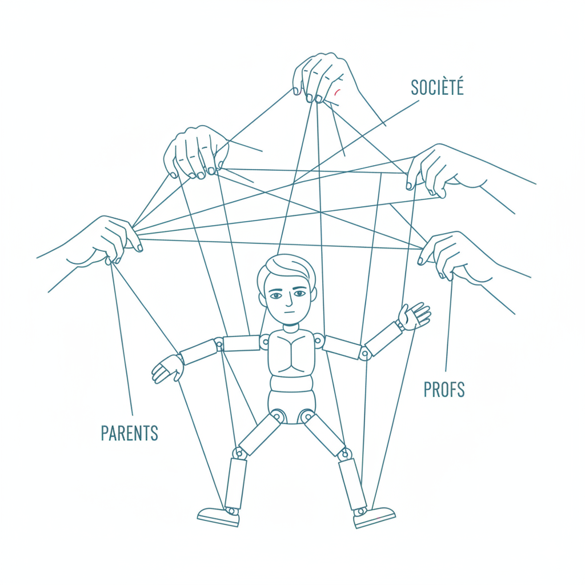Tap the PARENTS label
click(130, 433)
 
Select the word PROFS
click(444, 390)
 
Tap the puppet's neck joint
click(291, 328)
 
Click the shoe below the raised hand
click(374, 516)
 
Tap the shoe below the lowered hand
click(219, 516)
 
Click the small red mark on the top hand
click(337, 92)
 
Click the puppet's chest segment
click(291, 352)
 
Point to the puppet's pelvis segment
click(292, 407)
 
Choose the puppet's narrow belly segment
click(291, 383)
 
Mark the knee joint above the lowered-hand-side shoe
click(239, 453)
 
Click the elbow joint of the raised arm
click(364, 353)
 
